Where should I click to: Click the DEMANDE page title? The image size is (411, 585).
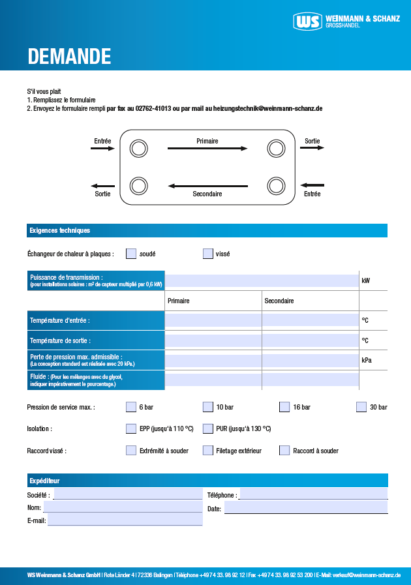pyautogui.click(x=69, y=57)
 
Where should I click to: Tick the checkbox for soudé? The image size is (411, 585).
pyautogui.click(x=131, y=254)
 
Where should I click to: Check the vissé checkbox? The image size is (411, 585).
pyautogui.click(x=208, y=254)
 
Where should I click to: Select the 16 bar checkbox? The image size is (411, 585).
pyautogui.click(x=284, y=407)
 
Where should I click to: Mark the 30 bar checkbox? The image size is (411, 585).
pyautogui.click(x=361, y=407)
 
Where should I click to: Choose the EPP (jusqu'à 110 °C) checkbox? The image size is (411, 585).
pyautogui.click(x=131, y=428)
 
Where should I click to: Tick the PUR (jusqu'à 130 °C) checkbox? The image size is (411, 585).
pyautogui.click(x=208, y=428)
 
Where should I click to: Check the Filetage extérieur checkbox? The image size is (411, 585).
pyautogui.click(x=208, y=450)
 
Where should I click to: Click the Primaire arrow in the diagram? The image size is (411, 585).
pyautogui.click(x=207, y=149)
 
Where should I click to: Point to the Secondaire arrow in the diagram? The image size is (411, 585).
pyautogui.click(x=207, y=187)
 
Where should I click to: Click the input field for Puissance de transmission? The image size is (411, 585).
pyautogui.click(x=262, y=280)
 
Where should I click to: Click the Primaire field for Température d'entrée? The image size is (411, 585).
pyautogui.click(x=213, y=320)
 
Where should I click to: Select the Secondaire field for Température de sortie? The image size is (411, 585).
pyautogui.click(x=310, y=340)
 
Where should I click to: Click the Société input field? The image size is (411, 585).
pyautogui.click(x=127, y=494)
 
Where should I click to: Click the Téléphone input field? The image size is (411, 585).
pyautogui.click(x=313, y=494)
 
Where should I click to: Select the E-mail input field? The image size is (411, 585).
pyautogui.click(x=125, y=520)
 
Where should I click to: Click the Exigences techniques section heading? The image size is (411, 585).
pyautogui.click(x=60, y=230)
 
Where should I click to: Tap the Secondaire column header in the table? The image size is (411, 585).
pyautogui.click(x=279, y=301)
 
